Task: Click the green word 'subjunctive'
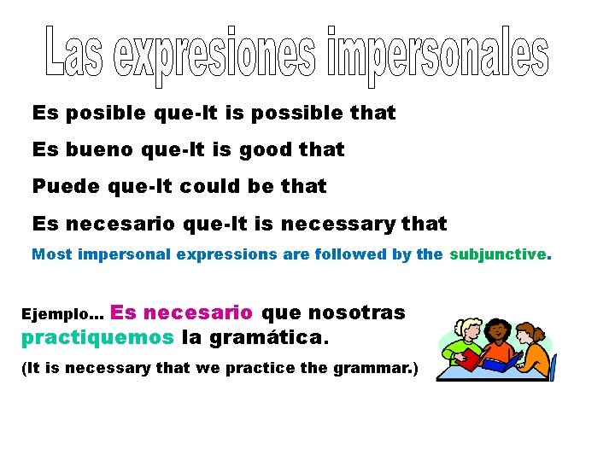point(498,254)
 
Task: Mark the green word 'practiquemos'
point(97,337)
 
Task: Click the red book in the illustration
point(468,359)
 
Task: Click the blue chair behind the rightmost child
point(552,367)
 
